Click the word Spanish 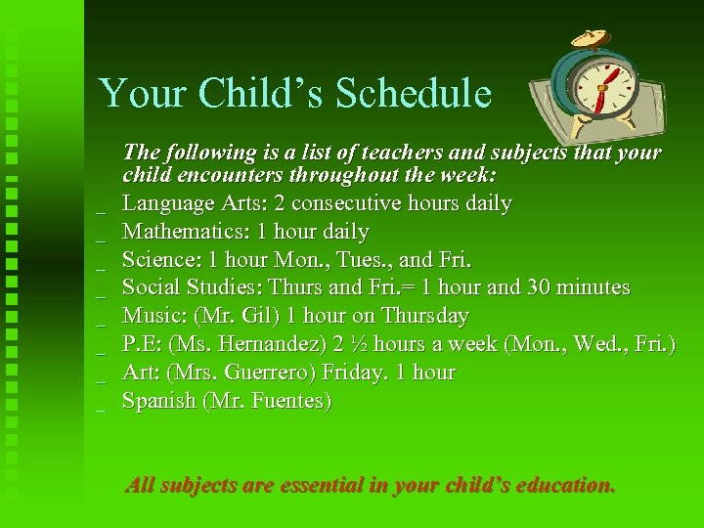(x=158, y=401)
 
